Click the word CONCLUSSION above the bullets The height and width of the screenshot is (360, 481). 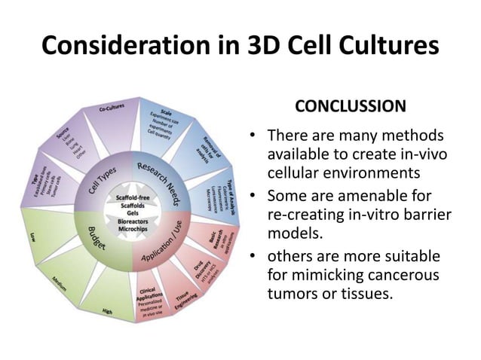[350, 106]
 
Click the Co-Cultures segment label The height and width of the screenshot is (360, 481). [112, 110]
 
